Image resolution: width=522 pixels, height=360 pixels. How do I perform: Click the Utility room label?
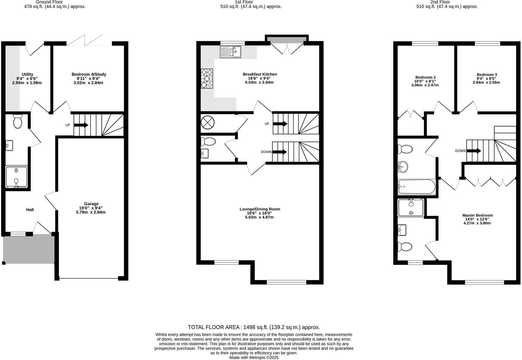coord(27,74)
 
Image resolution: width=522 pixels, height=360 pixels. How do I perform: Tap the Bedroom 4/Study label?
coord(89,74)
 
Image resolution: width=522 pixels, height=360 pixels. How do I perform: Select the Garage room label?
coord(91,204)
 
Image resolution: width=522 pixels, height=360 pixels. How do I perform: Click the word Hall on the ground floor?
coord(30,210)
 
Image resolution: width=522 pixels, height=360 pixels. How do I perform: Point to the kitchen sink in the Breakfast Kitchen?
coord(231,52)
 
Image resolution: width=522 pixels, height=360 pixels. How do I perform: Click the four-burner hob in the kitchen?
coord(207,78)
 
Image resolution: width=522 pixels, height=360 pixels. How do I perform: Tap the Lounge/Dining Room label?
coord(260,209)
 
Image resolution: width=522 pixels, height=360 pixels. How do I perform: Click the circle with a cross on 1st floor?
coord(208,123)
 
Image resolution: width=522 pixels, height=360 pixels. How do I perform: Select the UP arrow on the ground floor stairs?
coord(81,125)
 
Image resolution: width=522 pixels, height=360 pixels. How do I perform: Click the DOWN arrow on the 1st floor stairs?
coord(280,152)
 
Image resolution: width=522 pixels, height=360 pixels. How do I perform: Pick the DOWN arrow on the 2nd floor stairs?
coord(474,151)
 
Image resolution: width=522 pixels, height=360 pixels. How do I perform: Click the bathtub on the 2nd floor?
coord(417,187)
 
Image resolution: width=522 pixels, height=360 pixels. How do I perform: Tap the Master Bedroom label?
coord(477,215)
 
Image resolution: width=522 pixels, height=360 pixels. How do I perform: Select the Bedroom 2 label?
coord(425,77)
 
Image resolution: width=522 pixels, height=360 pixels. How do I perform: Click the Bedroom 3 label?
coord(487,75)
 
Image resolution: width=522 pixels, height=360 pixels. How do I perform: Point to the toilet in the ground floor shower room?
coord(17,121)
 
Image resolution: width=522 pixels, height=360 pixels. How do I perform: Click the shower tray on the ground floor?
coord(16,177)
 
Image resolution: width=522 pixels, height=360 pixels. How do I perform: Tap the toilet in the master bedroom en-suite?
coord(405,247)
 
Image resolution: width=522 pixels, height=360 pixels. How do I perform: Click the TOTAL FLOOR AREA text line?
coord(254,327)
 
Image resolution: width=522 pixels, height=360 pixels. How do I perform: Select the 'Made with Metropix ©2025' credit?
coord(254,357)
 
